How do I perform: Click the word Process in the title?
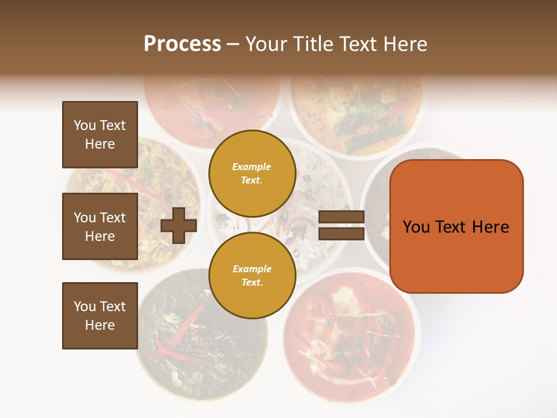182,44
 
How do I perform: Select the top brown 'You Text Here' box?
100,135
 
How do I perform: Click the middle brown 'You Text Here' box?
100,226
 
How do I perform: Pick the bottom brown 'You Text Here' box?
100,315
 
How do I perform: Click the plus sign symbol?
179,225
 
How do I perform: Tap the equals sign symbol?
341,225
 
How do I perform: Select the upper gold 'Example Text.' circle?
252,173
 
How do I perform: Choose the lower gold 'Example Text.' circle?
252,275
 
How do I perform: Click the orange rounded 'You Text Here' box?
456,226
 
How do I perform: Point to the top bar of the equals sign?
341,217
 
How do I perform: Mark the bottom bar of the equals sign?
341,233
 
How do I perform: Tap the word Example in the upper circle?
252,167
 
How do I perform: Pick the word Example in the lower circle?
252,269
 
